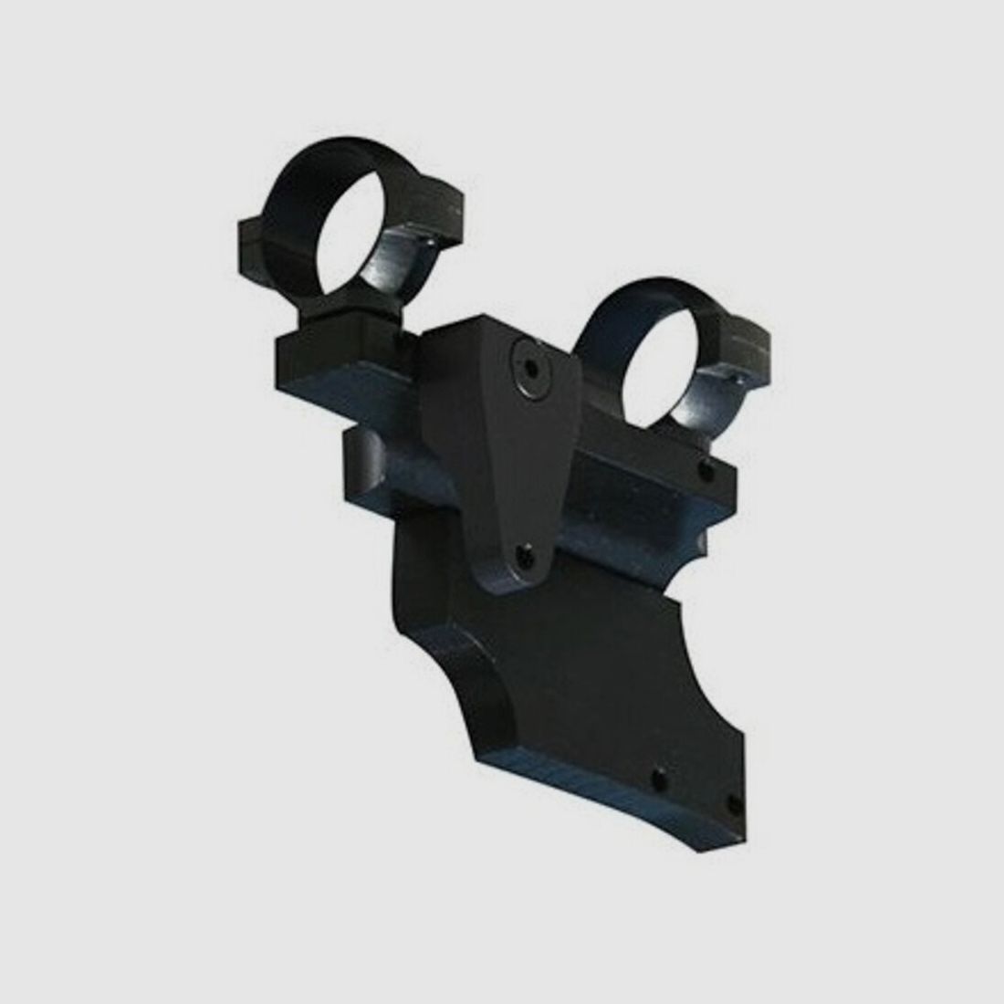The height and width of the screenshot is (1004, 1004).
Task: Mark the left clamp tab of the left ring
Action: (x=253, y=239)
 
